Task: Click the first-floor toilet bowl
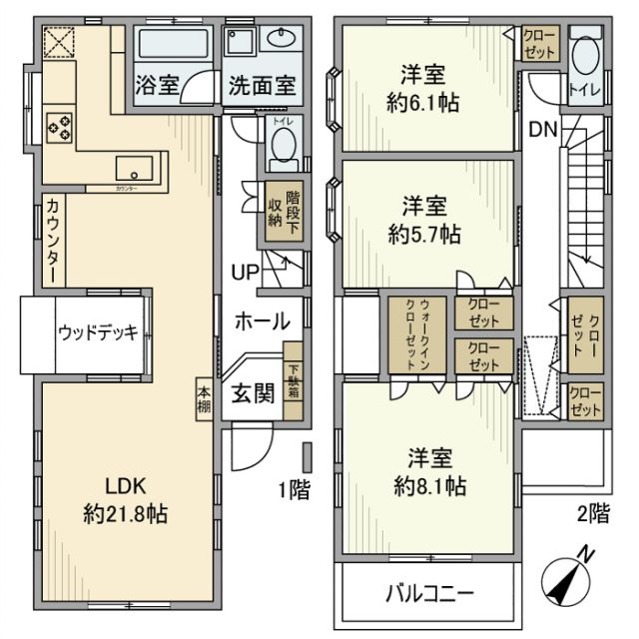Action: (283, 151)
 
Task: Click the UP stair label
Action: (246, 272)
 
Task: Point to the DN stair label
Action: (542, 129)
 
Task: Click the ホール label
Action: (262, 321)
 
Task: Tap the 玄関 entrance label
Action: (253, 392)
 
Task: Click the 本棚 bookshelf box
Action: (204, 398)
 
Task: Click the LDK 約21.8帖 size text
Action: (126, 515)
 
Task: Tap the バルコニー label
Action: (429, 593)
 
